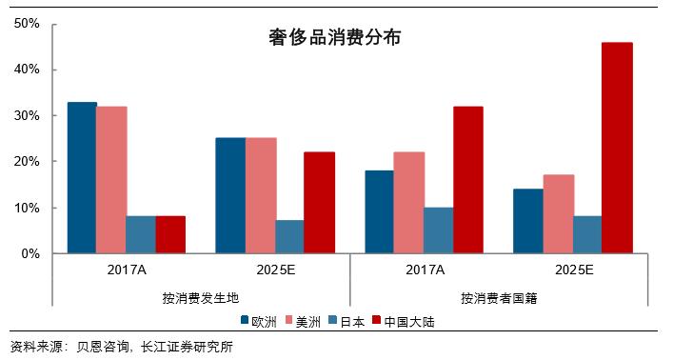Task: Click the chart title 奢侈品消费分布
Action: [333, 38]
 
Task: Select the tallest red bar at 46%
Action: [616, 148]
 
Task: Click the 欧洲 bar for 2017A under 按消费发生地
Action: [82, 178]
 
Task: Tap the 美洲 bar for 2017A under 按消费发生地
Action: [111, 180]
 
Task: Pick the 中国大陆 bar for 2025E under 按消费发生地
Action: [319, 203]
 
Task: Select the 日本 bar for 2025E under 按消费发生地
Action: [289, 237]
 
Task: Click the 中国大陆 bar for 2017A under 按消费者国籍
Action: [467, 180]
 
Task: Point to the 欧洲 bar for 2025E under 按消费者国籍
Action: [527, 221]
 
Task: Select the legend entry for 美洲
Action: [313, 321]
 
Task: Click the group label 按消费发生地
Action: [200, 297]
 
